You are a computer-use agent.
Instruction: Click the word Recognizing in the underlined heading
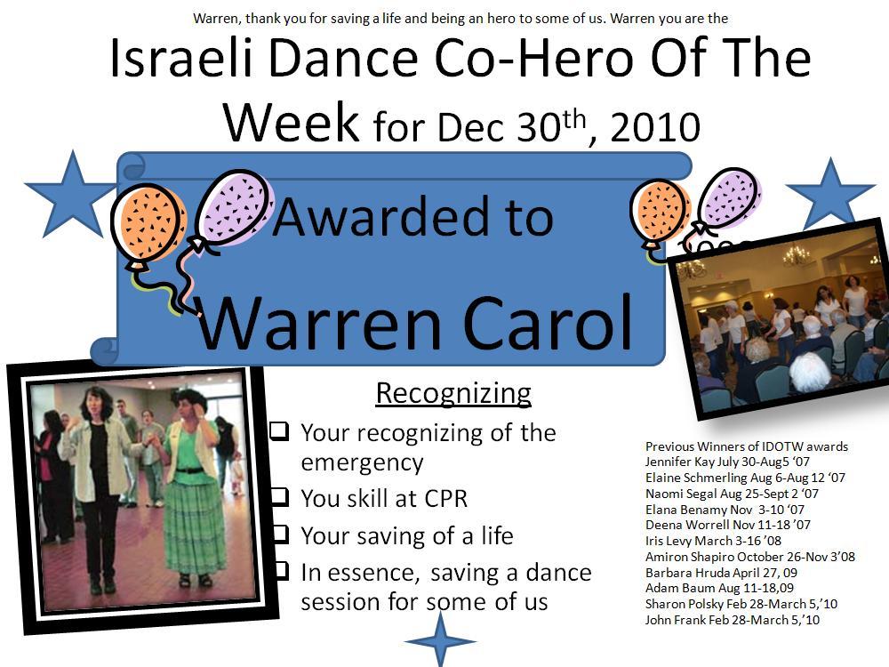tap(453, 393)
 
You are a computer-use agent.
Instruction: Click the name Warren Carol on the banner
tap(415, 322)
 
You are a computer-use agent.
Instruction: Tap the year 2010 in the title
tap(655, 126)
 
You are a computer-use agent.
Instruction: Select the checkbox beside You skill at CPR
tap(279, 495)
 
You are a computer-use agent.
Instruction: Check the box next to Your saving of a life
tap(279, 533)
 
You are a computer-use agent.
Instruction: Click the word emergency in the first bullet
tap(362, 462)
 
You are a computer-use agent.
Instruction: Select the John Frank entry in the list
tap(732, 620)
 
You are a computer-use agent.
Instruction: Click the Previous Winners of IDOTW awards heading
tap(746, 446)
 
